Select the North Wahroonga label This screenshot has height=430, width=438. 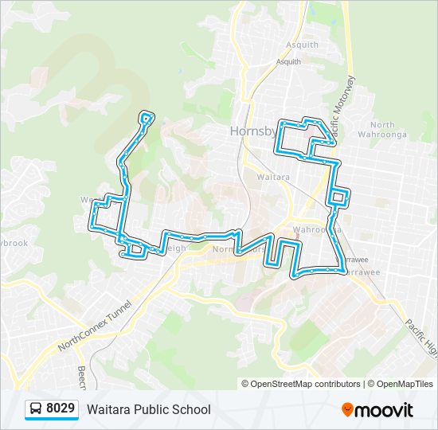tap(382, 130)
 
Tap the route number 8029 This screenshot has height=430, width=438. tap(61, 409)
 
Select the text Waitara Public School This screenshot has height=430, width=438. tap(149, 409)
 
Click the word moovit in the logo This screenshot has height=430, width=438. tap(385, 410)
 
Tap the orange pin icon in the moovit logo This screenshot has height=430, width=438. tap(347, 410)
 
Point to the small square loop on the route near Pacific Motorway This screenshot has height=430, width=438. tap(338, 197)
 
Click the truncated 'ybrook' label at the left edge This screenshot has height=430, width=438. tap(14, 243)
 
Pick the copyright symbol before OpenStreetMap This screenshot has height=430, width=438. tap(245, 384)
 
